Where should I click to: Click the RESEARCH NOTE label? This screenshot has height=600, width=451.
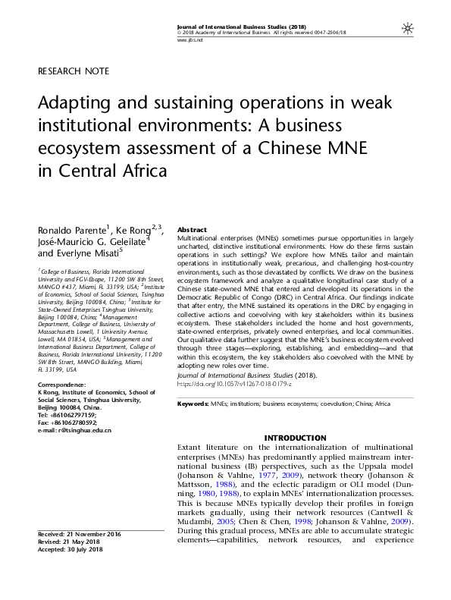coord(74,71)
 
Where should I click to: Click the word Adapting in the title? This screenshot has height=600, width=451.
coord(76,102)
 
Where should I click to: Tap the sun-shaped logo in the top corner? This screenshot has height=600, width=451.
coord(408,29)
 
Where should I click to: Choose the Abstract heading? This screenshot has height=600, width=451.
coord(192,229)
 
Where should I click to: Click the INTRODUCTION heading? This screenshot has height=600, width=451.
coord(295,438)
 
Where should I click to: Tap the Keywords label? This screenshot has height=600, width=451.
coord(193,404)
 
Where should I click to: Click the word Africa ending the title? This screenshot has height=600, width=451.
coord(144,169)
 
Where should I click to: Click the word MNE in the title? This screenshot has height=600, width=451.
coord(318,147)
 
